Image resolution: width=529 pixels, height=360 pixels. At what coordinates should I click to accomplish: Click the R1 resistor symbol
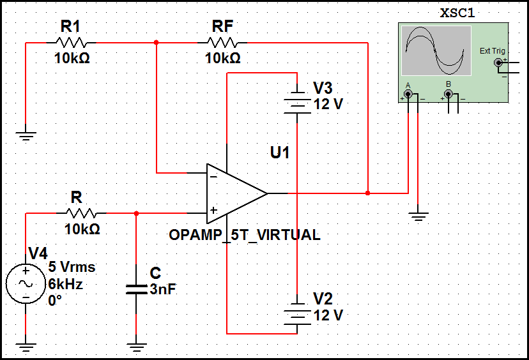click(x=71, y=43)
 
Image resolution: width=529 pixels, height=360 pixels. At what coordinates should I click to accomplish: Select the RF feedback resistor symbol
click(x=223, y=43)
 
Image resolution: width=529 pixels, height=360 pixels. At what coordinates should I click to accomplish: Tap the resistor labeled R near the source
click(x=81, y=213)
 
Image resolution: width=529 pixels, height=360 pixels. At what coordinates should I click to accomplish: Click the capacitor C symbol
click(x=136, y=289)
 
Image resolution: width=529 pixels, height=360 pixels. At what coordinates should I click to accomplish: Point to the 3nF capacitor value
click(x=162, y=289)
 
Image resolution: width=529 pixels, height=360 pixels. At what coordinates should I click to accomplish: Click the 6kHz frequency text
click(x=65, y=285)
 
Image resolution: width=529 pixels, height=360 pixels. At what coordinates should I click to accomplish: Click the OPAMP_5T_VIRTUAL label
click(x=244, y=235)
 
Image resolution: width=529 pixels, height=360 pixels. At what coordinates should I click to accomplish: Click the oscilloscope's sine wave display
click(x=437, y=50)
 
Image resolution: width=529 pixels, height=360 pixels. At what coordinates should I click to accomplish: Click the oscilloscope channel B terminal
click(x=448, y=94)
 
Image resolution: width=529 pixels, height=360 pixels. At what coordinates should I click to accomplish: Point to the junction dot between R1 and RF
click(x=157, y=43)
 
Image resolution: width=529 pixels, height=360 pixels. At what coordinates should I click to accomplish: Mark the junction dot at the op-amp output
click(x=368, y=192)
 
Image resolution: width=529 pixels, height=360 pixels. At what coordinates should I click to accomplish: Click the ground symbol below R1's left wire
click(x=26, y=135)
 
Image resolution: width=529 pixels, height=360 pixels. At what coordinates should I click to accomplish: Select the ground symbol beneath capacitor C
click(x=136, y=348)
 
